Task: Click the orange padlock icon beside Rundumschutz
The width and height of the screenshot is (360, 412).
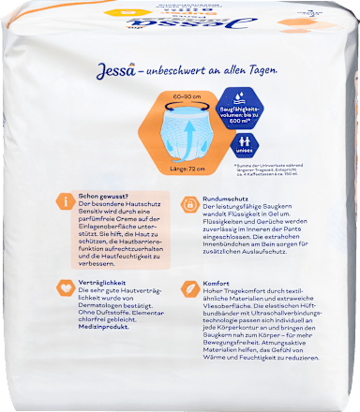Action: click(x=187, y=200)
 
